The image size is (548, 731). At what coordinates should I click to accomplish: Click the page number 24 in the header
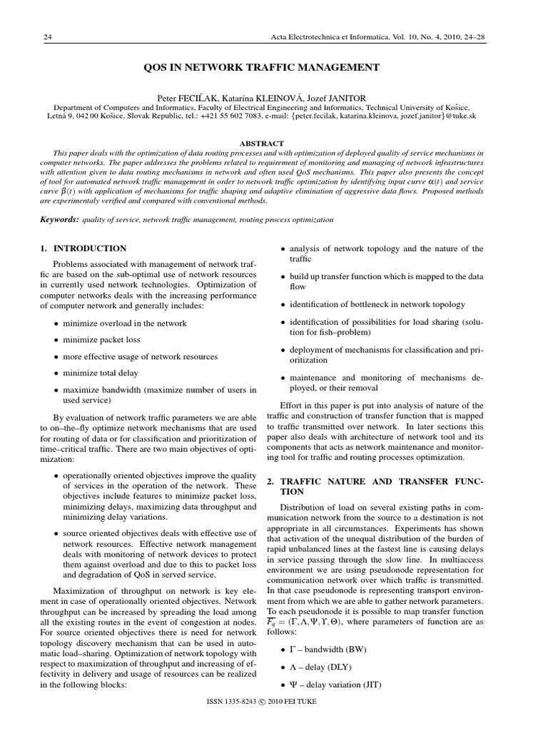[48, 36]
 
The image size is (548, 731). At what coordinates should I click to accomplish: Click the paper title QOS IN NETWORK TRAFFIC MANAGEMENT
[262, 68]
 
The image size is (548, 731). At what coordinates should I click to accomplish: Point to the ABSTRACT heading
[262, 143]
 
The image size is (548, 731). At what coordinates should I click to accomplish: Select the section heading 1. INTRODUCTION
[82, 249]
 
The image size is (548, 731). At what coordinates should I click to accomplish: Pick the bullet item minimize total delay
[101, 373]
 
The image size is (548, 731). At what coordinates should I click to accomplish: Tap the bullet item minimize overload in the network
[125, 323]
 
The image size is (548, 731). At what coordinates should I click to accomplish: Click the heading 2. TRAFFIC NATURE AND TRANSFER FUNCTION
[375, 487]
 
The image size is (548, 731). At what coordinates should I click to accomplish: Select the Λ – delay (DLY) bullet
[323, 667]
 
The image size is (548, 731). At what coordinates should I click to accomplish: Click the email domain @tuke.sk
[460, 115]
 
